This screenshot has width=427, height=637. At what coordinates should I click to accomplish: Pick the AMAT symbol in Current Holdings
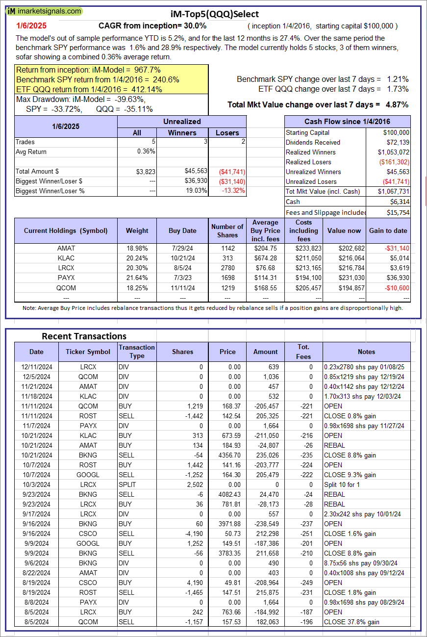pos(66,248)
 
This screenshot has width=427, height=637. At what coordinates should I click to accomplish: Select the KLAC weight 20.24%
pos(137,258)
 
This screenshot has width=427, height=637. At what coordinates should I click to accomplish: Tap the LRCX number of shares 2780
pos(227,268)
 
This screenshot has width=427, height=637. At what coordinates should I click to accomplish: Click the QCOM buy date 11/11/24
pos(182,287)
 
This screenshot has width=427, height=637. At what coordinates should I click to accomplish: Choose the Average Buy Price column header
pos(265,230)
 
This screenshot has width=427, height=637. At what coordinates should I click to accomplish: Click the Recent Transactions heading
pos(84,336)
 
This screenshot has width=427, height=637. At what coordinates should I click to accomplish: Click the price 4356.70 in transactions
pos(227,455)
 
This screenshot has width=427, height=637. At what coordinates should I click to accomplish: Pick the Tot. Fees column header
pos(303,352)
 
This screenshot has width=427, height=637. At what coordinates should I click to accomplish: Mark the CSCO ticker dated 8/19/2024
pos(88,583)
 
